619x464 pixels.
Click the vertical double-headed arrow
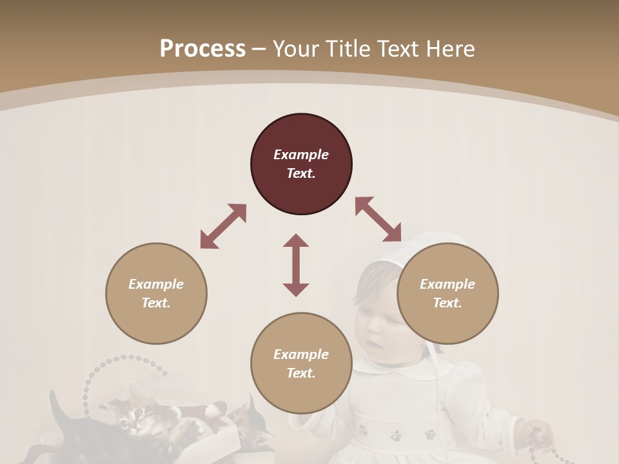tap(296, 265)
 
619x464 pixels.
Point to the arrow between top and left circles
tap(223, 226)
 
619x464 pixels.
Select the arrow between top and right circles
tap(378, 220)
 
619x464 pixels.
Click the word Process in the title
tap(202, 48)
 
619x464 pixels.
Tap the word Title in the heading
tap(347, 48)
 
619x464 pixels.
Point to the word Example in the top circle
tap(301, 155)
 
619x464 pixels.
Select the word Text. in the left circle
tap(156, 303)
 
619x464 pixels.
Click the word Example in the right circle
tap(447, 284)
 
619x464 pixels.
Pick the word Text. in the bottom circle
tap(301, 373)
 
